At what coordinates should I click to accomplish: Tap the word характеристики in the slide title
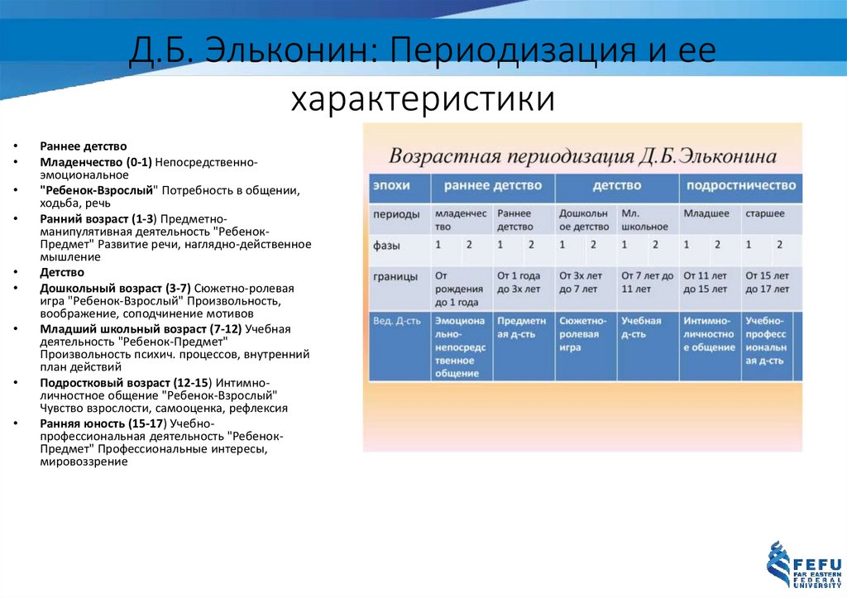point(422,99)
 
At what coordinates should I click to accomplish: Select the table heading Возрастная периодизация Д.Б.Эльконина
point(582,156)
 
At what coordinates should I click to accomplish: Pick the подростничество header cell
point(740,185)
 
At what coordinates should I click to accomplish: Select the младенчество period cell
point(461,219)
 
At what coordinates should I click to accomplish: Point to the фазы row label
point(388,245)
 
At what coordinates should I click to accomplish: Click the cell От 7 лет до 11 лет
point(647,282)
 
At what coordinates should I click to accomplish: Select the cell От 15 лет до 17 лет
point(769,282)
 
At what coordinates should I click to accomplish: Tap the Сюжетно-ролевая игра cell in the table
point(584,334)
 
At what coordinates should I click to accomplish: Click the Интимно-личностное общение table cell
point(709,334)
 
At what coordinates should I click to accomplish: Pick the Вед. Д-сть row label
point(395,321)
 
